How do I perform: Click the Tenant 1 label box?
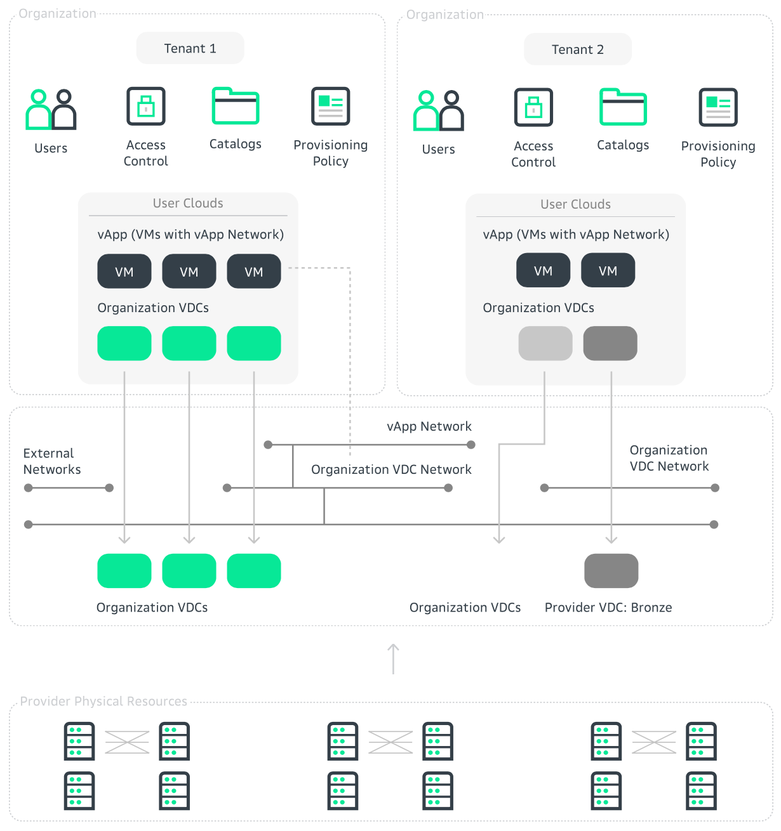pyautogui.click(x=190, y=48)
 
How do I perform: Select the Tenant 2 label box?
pyautogui.click(x=577, y=49)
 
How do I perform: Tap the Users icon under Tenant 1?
pyautogui.click(x=51, y=109)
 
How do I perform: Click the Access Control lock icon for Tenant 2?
pyautogui.click(x=533, y=107)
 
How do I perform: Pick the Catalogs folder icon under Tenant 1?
pyautogui.click(x=235, y=106)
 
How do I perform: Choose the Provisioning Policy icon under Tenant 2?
pyautogui.click(x=718, y=107)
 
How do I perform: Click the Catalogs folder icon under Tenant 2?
pyautogui.click(x=623, y=107)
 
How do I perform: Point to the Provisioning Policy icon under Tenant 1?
pyautogui.click(x=331, y=106)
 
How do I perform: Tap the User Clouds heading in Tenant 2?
pyautogui.click(x=575, y=204)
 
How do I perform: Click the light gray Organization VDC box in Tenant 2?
pyautogui.click(x=545, y=343)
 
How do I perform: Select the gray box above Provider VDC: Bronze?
pyautogui.click(x=611, y=571)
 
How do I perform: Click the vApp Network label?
pyautogui.click(x=429, y=426)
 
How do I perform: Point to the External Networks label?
pyautogui.click(x=52, y=461)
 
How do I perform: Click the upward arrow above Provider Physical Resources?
pyautogui.click(x=393, y=658)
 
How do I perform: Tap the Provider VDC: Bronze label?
pyautogui.click(x=608, y=607)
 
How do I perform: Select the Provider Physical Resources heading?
pyautogui.click(x=103, y=701)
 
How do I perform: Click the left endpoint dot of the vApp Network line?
pyautogui.click(x=268, y=445)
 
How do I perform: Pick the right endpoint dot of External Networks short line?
pyautogui.click(x=109, y=488)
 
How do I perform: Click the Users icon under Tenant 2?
pyautogui.click(x=438, y=110)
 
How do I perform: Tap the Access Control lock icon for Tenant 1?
pyautogui.click(x=146, y=106)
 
